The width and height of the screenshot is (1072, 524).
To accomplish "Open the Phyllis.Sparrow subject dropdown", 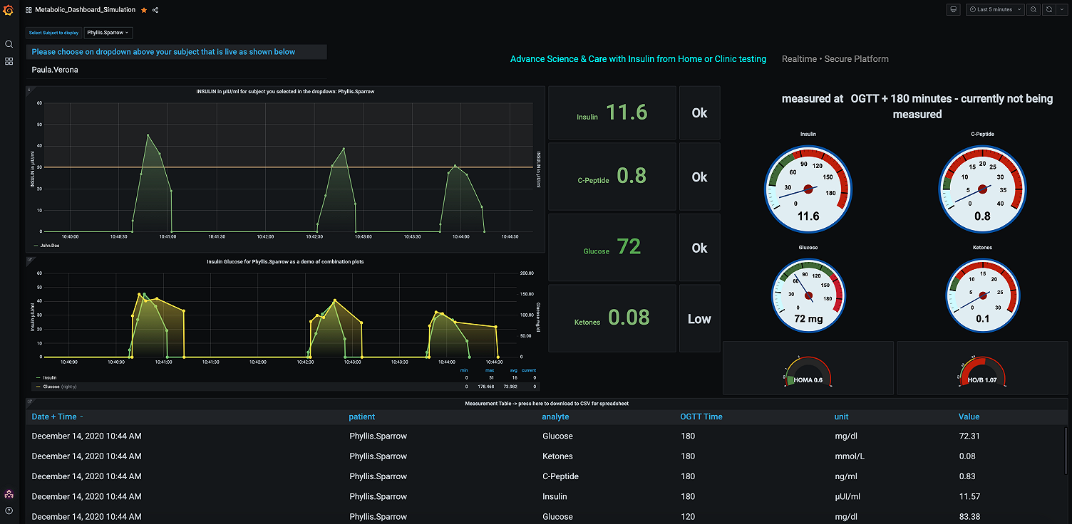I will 108,33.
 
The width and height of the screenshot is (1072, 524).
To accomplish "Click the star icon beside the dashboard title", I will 144,10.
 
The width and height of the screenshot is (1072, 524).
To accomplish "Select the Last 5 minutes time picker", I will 995,9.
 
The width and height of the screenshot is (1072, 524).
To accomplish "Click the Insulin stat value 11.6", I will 627,112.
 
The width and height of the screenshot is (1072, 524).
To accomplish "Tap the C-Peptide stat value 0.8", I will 631,176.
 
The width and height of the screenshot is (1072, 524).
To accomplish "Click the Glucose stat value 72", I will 629,247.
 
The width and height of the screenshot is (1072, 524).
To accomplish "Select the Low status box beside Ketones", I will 699,319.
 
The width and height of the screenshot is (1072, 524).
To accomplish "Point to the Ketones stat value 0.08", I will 629,318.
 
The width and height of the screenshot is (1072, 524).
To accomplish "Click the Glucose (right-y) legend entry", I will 60,386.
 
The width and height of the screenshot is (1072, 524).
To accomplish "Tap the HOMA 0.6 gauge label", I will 808,380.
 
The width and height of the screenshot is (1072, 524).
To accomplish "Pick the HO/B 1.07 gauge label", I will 982,380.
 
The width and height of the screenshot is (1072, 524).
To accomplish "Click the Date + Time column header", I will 54,416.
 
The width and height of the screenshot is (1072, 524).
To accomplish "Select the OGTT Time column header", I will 701,416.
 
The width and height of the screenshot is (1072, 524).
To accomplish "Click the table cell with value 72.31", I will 969,436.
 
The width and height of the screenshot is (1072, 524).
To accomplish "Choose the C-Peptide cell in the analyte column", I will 560,476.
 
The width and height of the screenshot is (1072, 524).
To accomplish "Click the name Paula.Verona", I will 55,70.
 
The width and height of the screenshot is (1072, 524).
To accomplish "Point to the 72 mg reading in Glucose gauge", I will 808,319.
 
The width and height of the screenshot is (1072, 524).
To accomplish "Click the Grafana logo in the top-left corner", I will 9,10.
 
